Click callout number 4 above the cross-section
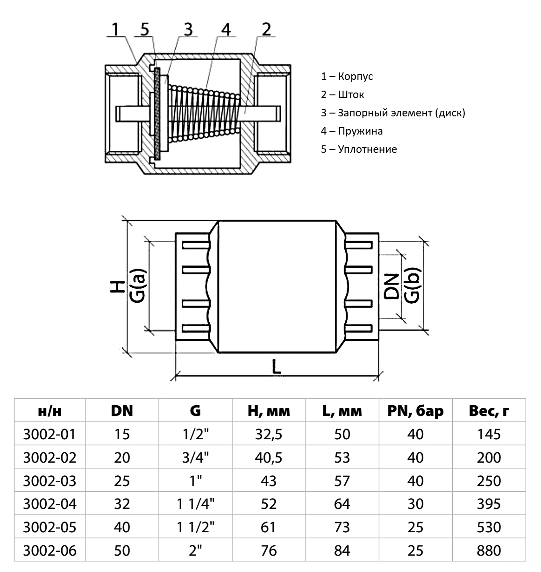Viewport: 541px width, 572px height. [x=225, y=29]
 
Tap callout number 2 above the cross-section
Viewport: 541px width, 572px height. [x=266, y=29]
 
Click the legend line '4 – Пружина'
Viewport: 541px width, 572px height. [x=351, y=131]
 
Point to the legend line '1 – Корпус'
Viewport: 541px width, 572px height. [x=347, y=77]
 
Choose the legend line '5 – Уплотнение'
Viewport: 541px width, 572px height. [x=358, y=150]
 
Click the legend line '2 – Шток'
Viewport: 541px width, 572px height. [x=342, y=95]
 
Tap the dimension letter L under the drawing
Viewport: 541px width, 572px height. [x=277, y=367]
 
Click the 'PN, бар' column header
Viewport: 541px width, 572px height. [x=415, y=411]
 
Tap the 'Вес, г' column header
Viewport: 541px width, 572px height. [x=489, y=411]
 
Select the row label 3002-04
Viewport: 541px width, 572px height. [x=49, y=504]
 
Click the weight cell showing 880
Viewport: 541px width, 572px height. [x=489, y=551]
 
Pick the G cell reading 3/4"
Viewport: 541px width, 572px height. [x=195, y=458]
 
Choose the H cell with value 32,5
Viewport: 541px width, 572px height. [x=269, y=434]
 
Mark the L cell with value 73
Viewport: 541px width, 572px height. [x=342, y=527]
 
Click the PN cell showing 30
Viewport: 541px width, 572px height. [x=415, y=504]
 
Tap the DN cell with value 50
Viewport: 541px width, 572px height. [x=122, y=551]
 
